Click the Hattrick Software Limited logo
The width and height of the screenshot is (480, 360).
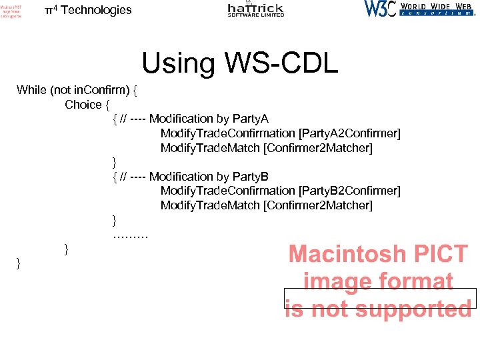[x=255, y=9]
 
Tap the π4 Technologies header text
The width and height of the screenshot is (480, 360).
[x=88, y=10]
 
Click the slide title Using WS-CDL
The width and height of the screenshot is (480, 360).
[x=240, y=63]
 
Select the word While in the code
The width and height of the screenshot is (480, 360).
[x=31, y=90]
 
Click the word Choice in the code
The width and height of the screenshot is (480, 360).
[x=83, y=105]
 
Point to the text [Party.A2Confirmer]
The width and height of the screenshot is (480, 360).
[x=350, y=133]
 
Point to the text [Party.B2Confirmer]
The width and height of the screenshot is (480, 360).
[x=350, y=191]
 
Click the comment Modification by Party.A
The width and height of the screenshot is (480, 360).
[x=209, y=119]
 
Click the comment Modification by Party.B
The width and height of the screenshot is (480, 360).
[x=209, y=176]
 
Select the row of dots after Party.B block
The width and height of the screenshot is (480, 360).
[x=131, y=234]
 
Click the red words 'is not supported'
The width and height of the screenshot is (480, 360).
[x=378, y=309]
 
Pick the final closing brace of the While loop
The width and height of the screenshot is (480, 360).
[x=19, y=265]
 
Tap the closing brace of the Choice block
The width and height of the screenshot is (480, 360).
[x=66, y=249]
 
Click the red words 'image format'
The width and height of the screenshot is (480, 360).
[x=378, y=281]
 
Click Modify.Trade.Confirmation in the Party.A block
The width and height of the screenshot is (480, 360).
[x=228, y=133]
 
